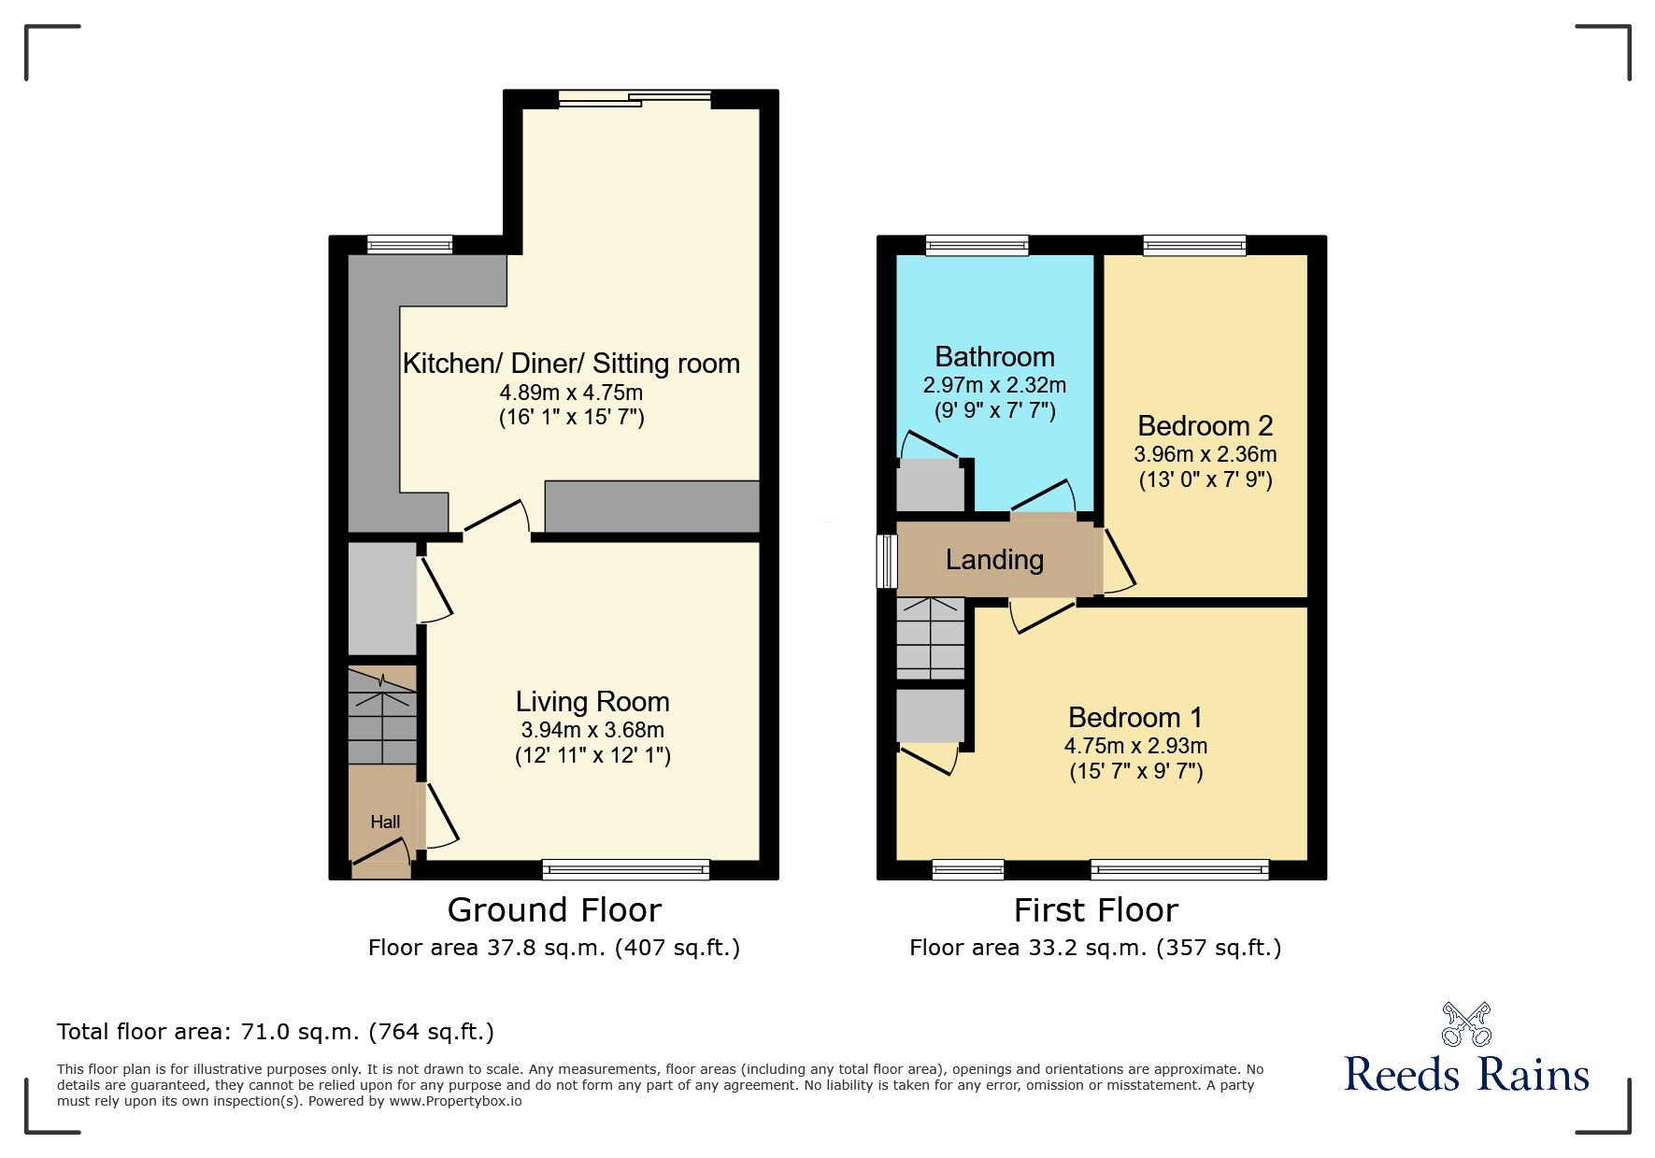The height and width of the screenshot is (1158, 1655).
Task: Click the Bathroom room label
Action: coord(994,357)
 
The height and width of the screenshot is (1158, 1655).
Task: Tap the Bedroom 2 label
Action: coord(1205,426)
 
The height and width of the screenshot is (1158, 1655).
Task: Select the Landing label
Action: coord(994,560)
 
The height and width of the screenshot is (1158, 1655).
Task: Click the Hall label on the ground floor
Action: coord(385,822)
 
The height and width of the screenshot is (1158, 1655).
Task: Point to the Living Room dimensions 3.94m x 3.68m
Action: coord(592,730)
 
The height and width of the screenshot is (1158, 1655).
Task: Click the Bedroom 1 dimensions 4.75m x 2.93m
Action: coord(1135,746)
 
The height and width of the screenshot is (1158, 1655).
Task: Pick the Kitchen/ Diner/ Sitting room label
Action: coord(571,364)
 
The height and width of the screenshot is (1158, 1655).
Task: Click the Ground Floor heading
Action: coord(554,910)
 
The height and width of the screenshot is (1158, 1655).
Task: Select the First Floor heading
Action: coord(1095,910)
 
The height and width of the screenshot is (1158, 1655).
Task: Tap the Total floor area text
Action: coord(276,1032)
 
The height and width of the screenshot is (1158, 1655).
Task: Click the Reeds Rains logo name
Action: coord(1466,1075)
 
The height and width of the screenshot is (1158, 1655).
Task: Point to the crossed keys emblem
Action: coord(1466,1024)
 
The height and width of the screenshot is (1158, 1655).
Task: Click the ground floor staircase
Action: coord(382,716)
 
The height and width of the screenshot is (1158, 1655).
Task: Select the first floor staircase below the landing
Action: coord(930,638)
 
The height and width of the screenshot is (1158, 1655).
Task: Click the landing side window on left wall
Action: coord(885,561)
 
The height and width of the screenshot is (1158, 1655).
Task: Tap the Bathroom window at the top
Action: coord(977,245)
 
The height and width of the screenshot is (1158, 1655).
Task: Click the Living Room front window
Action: coord(625,870)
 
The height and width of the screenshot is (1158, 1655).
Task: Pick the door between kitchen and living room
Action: coord(496,520)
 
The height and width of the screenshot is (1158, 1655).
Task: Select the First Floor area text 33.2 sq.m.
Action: coord(1095,948)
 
